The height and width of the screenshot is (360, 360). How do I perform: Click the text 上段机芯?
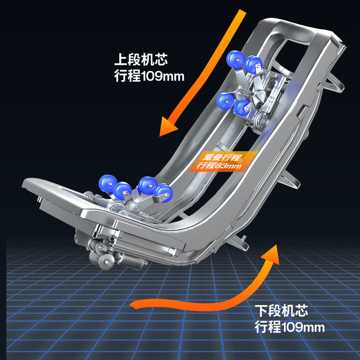click(141, 59)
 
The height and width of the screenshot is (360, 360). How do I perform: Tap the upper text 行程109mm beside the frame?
click(149, 76)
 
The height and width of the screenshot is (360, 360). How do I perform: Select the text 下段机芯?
click(281, 310)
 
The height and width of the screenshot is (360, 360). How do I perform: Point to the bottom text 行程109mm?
click(290, 327)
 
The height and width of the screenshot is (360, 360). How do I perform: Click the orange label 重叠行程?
click(222, 157)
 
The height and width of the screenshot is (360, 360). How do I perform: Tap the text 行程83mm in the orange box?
click(219, 165)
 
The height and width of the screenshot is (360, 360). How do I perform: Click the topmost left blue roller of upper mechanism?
click(235, 59)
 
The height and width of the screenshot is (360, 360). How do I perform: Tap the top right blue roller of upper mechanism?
click(253, 65)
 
